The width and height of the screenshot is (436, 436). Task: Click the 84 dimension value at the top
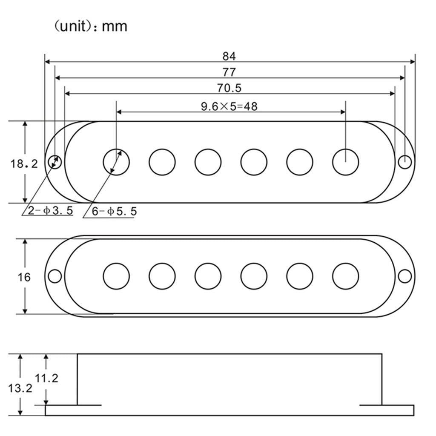tap(229, 56)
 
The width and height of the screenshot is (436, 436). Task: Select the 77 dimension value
tap(229, 72)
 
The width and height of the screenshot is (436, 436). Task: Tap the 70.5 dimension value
tap(229, 88)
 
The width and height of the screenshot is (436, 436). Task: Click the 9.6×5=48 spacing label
tap(229, 106)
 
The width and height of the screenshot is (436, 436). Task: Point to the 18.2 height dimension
tap(24, 163)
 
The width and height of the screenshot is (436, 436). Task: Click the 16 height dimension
tap(24, 277)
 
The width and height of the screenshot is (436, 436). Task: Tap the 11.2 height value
tap(47, 378)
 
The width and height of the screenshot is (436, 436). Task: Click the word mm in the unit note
tap(115, 26)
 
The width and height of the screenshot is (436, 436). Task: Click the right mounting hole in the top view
tap(405, 162)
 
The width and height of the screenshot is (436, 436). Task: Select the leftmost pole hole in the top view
tap(117, 162)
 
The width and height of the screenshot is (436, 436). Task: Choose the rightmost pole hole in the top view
tap(345, 162)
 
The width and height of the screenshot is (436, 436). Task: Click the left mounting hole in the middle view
tap(54, 276)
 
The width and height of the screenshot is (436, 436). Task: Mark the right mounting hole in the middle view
tap(405, 276)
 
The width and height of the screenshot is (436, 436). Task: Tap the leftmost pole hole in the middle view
tap(116, 276)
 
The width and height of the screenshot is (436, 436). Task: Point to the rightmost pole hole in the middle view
tap(345, 276)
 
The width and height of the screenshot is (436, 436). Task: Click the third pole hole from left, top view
tap(208, 162)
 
